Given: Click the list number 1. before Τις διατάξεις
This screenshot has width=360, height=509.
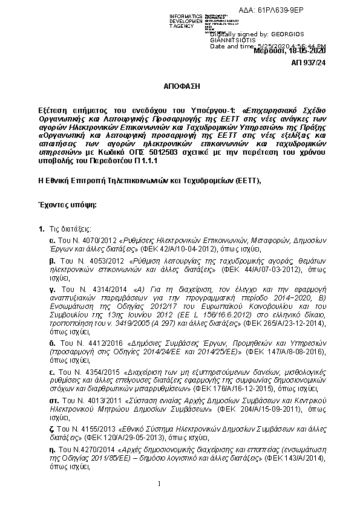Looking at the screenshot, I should pos(41,230).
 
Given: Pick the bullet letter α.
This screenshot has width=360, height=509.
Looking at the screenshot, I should pos(53,240).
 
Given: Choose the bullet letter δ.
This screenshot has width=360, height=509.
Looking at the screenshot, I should pos(53,342).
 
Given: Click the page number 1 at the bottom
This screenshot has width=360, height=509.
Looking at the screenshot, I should pos(158,484).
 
